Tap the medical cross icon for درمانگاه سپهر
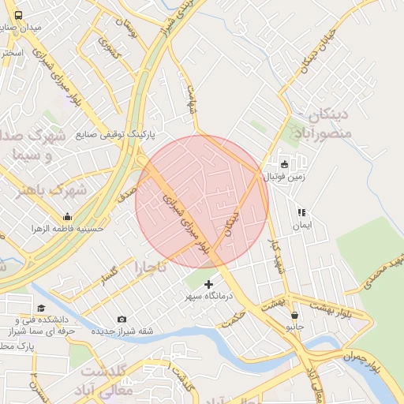click(x=208, y=284)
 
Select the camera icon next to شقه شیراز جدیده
click(x=122, y=319)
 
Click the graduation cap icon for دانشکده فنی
click(x=41, y=308)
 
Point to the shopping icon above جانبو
click(x=294, y=314)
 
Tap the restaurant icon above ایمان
click(x=301, y=212)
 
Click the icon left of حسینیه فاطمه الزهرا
click(x=67, y=217)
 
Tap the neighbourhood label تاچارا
click(x=151, y=267)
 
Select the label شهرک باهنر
click(x=35, y=190)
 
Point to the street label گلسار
click(x=109, y=275)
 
